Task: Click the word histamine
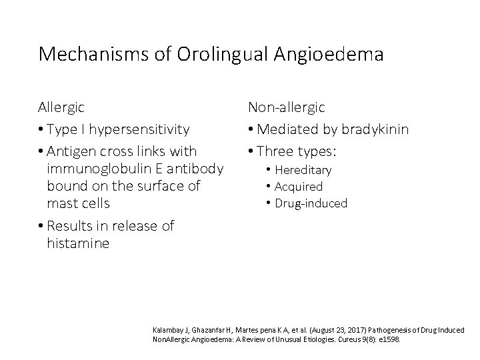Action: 78,243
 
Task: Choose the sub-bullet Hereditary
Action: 303,170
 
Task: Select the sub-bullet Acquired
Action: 299,187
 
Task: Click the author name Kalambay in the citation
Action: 171,329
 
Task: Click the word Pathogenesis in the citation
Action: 378,329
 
